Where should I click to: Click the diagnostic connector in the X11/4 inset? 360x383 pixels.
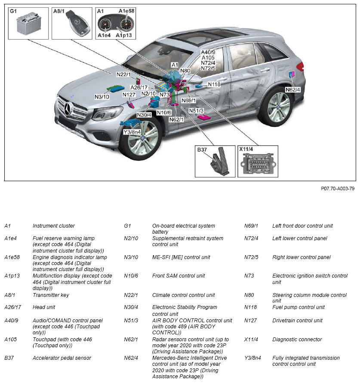[x=258, y=164]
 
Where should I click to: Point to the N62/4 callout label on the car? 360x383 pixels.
[x=292, y=90]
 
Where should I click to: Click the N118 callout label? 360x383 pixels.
[x=214, y=84]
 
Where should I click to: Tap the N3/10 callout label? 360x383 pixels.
[x=102, y=97]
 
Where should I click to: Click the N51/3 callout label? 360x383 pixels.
[x=196, y=111]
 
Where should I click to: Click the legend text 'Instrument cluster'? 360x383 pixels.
[x=54, y=226]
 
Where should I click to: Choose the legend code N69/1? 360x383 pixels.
[x=251, y=226]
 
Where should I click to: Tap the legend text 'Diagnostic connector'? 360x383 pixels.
[x=297, y=340]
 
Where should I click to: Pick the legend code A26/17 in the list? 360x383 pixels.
[x=12, y=307]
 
